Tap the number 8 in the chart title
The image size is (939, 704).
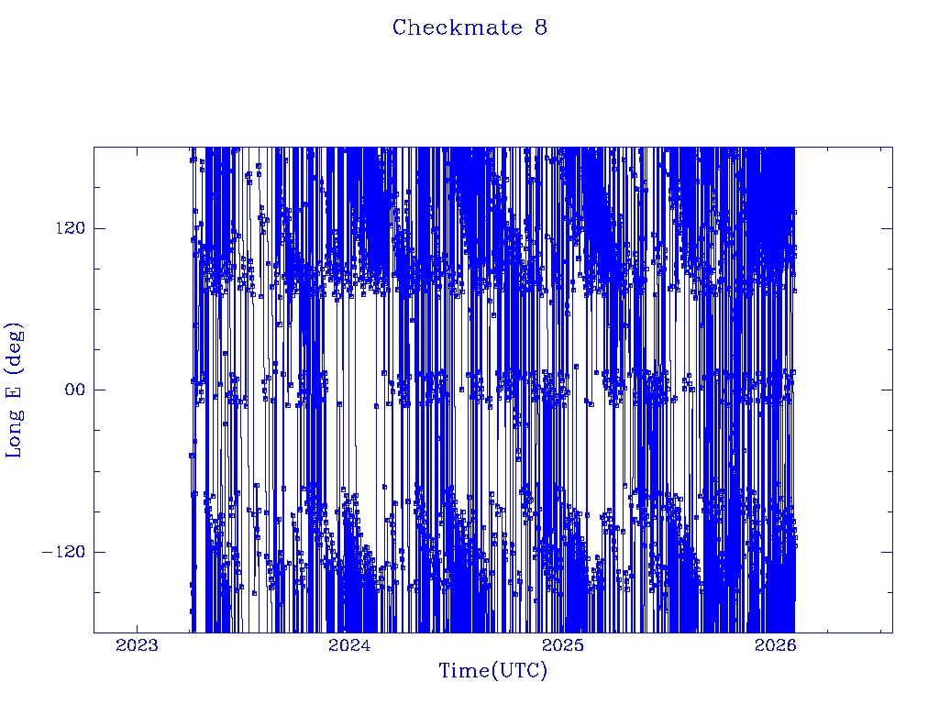pyautogui.click(x=541, y=27)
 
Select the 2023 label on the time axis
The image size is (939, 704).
pyautogui.click(x=137, y=646)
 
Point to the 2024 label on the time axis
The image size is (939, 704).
pyautogui.click(x=348, y=646)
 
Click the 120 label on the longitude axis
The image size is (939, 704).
pyautogui.click(x=63, y=228)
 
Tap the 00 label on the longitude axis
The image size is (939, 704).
pyautogui.click(x=71, y=390)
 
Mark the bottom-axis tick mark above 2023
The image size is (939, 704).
pyautogui.click(x=137, y=628)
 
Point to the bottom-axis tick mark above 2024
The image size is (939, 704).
pyautogui.click(x=348, y=628)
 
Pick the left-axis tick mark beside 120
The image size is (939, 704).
pyautogui.click(x=98, y=228)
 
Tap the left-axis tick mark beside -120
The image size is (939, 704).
pyautogui.click(x=98, y=552)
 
